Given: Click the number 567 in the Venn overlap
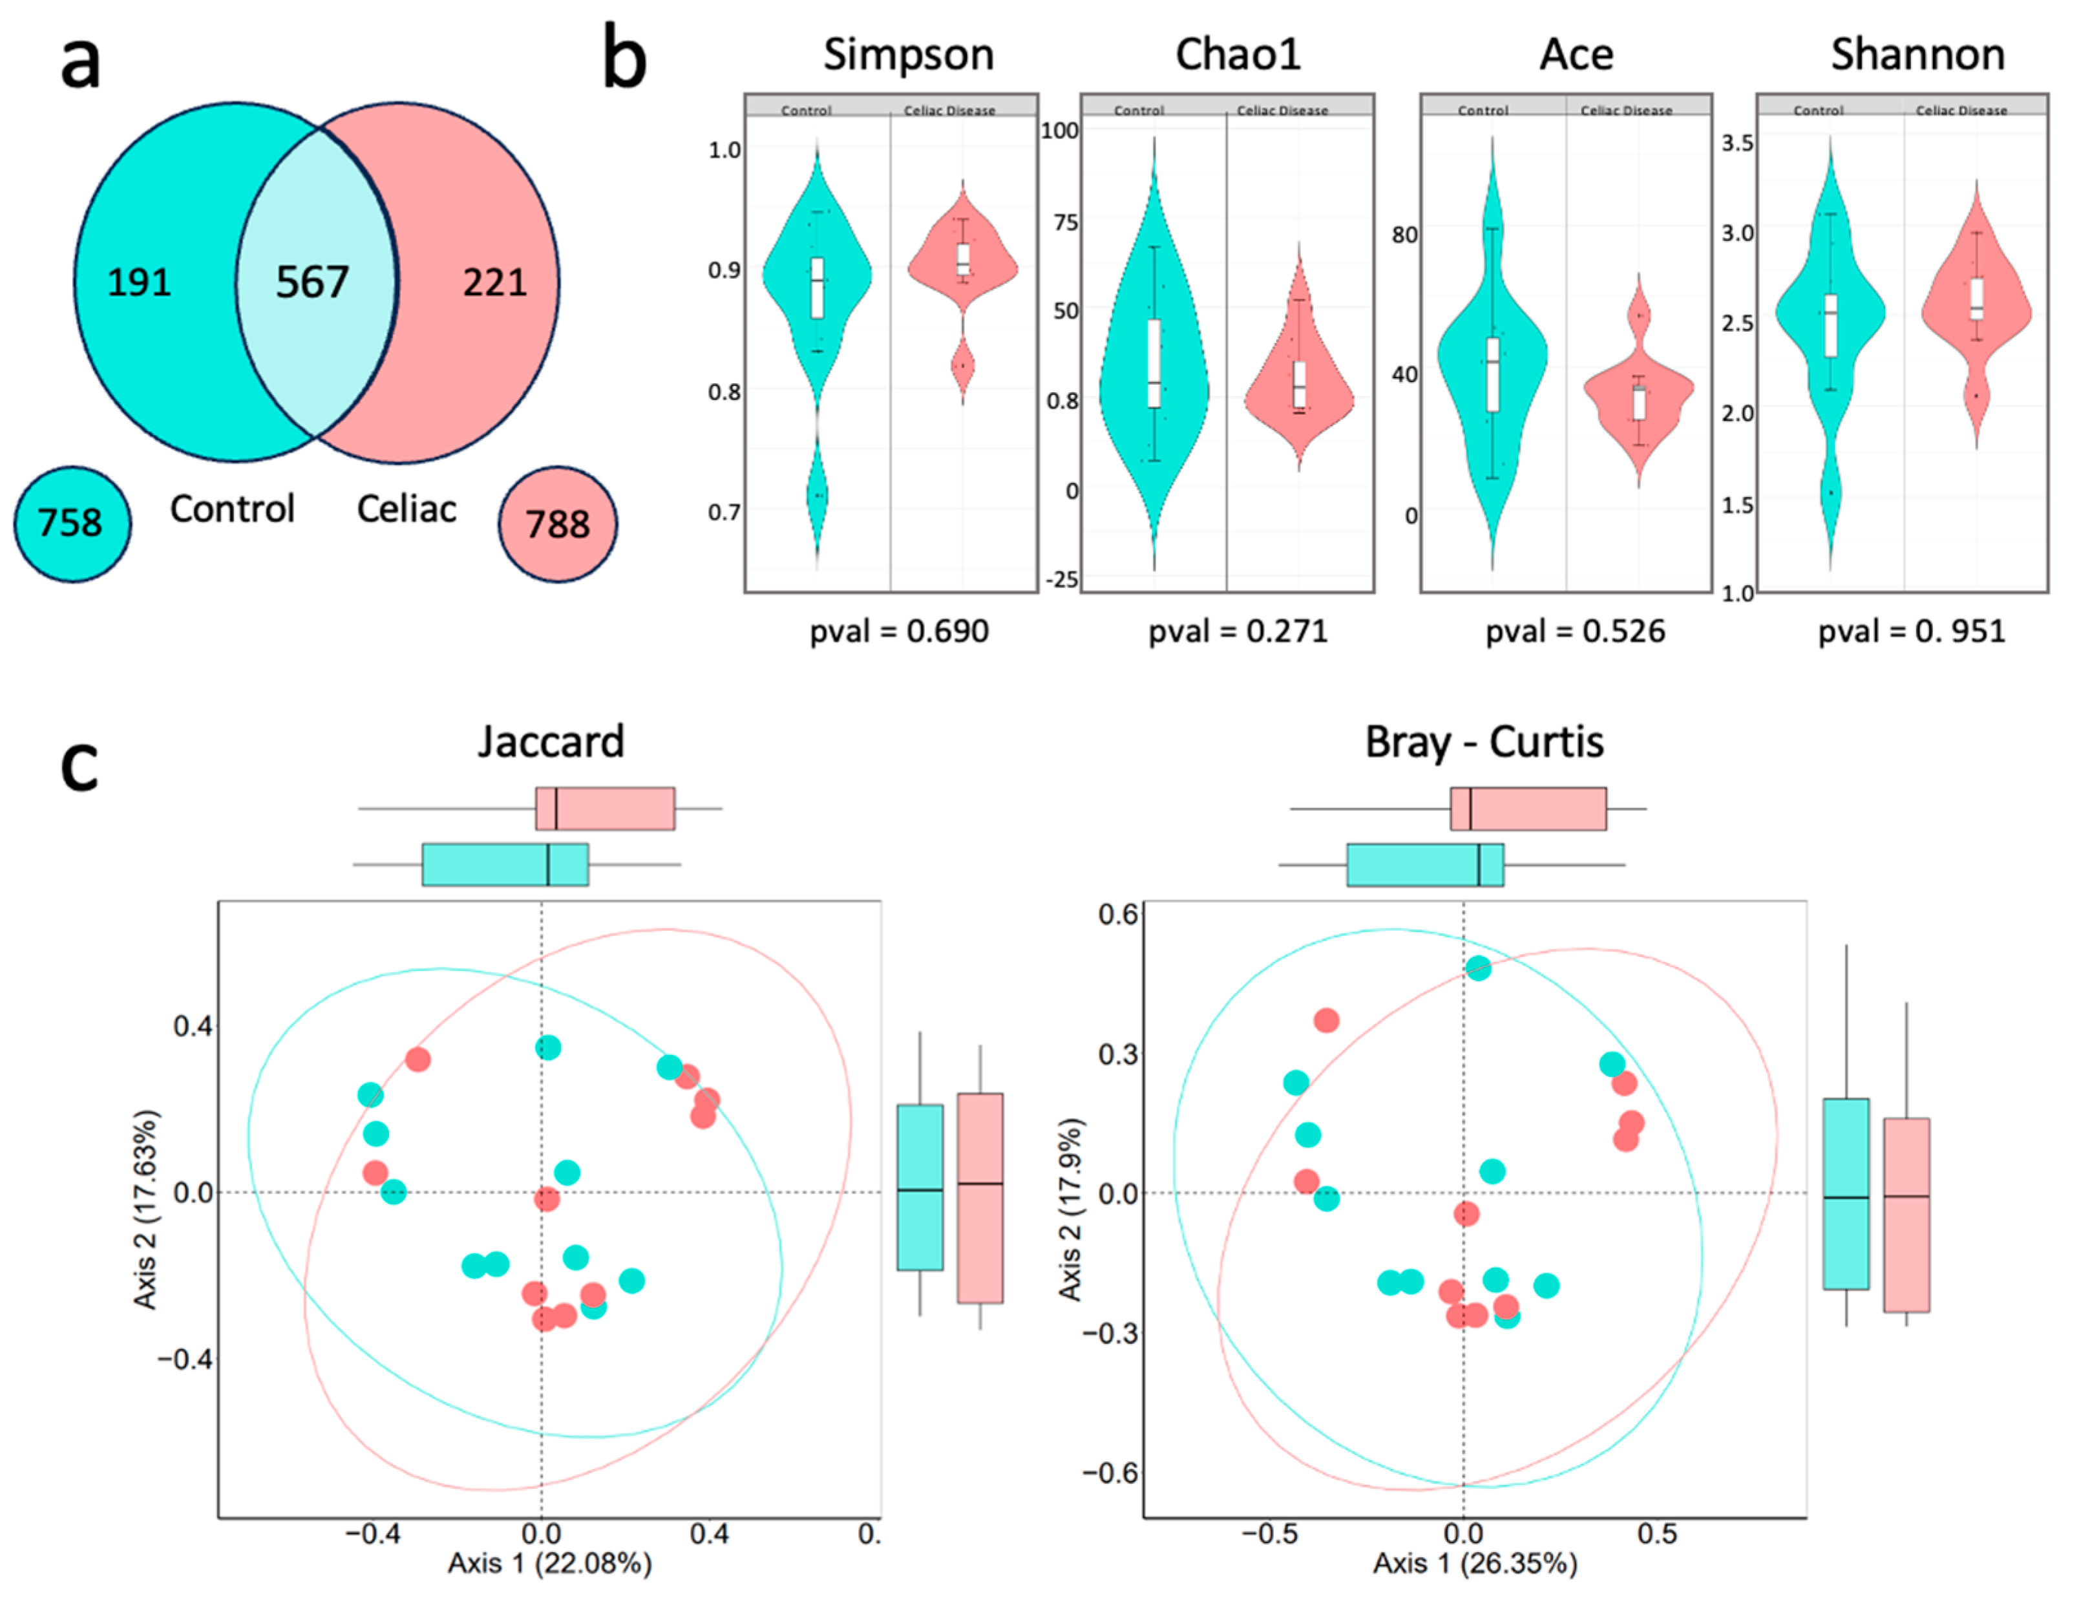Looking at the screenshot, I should (312, 282).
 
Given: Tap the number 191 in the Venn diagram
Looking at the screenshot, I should (139, 282).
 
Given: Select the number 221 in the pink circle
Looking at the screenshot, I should (494, 282).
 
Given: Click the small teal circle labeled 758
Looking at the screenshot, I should (71, 524).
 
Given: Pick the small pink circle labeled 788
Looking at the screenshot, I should (558, 524).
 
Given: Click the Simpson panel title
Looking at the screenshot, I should (908, 54).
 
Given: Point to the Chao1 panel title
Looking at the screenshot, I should (1238, 54).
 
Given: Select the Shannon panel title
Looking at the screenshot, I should (1917, 54).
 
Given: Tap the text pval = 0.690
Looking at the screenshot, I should (898, 631).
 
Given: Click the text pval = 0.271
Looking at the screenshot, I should (1238, 631).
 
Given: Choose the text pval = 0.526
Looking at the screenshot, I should (1576, 631).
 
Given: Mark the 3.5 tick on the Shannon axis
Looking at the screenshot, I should (1737, 143).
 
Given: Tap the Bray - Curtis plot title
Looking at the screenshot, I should (1484, 741).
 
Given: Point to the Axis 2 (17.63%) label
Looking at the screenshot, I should (145, 1209).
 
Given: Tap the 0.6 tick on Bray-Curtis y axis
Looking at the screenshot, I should (1117, 915).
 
